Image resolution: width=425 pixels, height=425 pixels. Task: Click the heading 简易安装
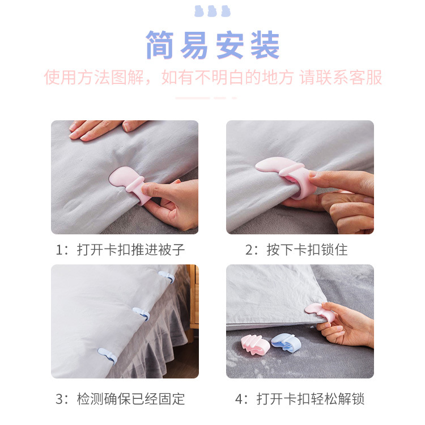212,45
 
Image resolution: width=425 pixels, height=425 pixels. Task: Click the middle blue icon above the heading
212,11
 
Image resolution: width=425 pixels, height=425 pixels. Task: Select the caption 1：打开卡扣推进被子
120,250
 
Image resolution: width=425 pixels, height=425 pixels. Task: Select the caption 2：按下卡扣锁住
295,250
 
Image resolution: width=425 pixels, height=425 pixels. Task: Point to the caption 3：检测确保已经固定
120,398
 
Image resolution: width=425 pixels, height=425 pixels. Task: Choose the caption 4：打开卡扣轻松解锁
300,398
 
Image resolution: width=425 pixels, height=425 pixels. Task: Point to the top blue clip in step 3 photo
166,276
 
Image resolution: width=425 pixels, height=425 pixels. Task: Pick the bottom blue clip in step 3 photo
107,355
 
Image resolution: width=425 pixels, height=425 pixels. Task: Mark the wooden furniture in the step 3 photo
194,295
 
